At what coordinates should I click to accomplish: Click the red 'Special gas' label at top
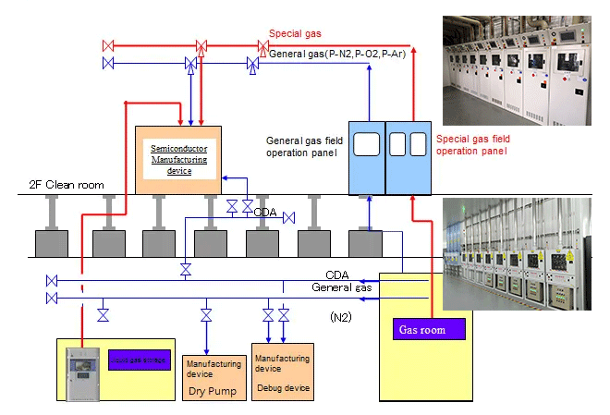tap(296, 34)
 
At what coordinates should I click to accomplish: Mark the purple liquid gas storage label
tap(139, 360)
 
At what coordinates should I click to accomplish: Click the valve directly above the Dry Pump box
tap(206, 316)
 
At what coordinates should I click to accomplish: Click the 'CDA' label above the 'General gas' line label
tap(336, 275)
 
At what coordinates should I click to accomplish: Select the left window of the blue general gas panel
tap(368, 144)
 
